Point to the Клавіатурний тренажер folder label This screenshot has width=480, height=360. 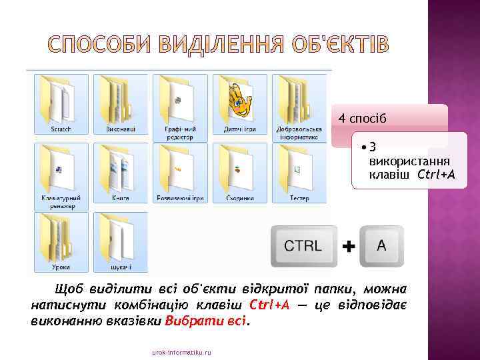pyautogui.click(x=61, y=202)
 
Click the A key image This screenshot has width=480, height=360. pyautogui.click(x=381, y=245)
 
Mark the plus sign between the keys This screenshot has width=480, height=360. pyautogui.click(x=348, y=247)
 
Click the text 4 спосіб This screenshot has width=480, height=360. pyautogui.click(x=362, y=119)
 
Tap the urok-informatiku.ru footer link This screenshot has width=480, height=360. pyautogui.click(x=181, y=351)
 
